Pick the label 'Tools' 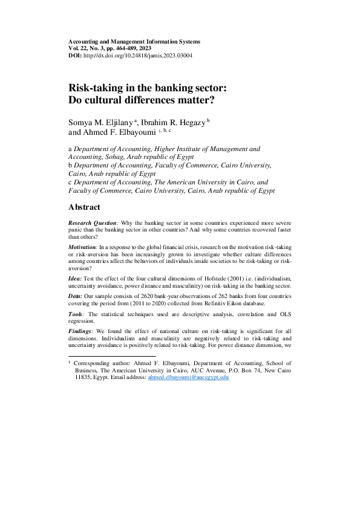tap(77, 316)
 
